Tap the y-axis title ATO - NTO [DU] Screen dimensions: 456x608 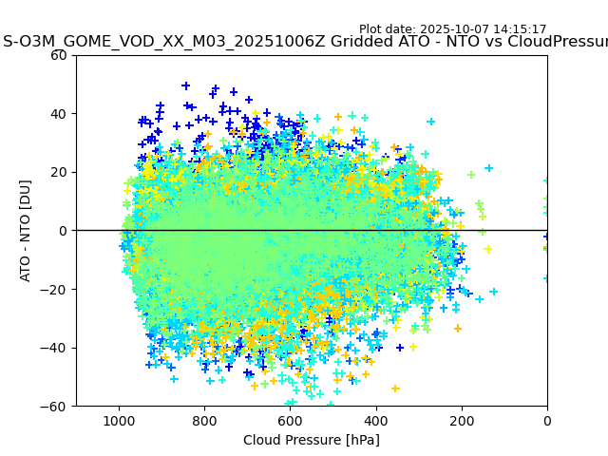27,231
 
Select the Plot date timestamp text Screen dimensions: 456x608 453,29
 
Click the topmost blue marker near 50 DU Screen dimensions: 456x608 186,85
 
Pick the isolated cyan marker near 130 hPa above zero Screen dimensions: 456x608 489,168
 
